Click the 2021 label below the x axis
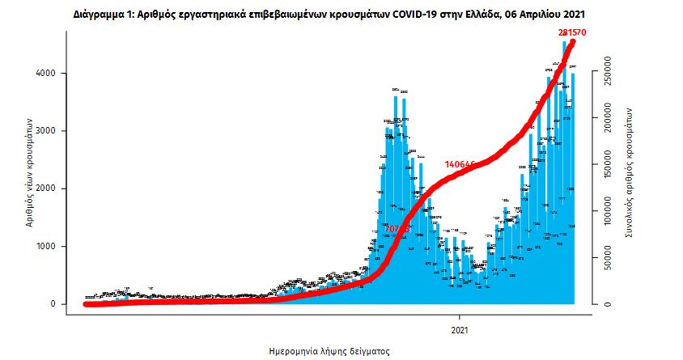(460, 330)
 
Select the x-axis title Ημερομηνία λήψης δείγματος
(329, 352)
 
